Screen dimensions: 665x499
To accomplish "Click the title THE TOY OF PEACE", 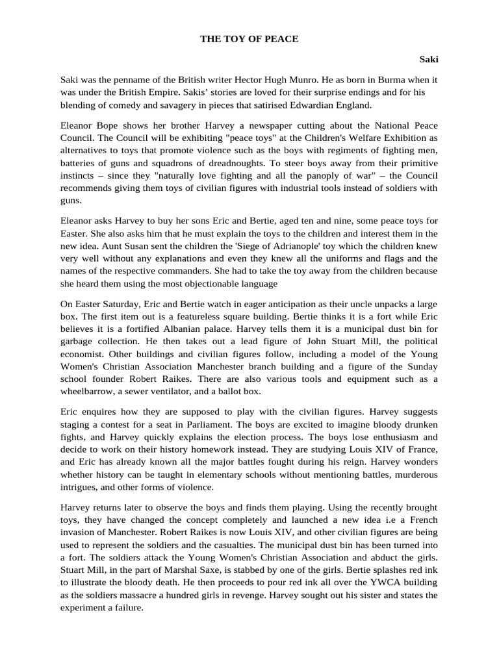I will pyautogui.click(x=249, y=39).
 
